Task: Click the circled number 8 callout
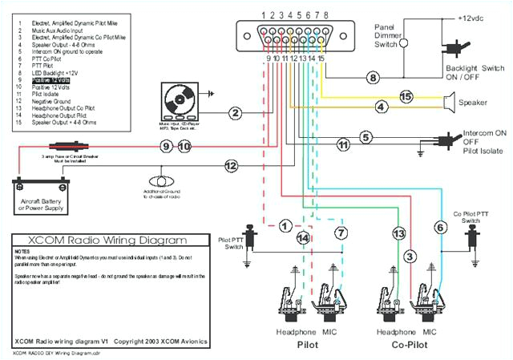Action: click(372, 78)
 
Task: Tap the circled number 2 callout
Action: click(235, 113)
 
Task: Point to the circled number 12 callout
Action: click(231, 166)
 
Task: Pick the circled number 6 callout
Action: click(440, 228)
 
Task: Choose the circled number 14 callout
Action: click(302, 238)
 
